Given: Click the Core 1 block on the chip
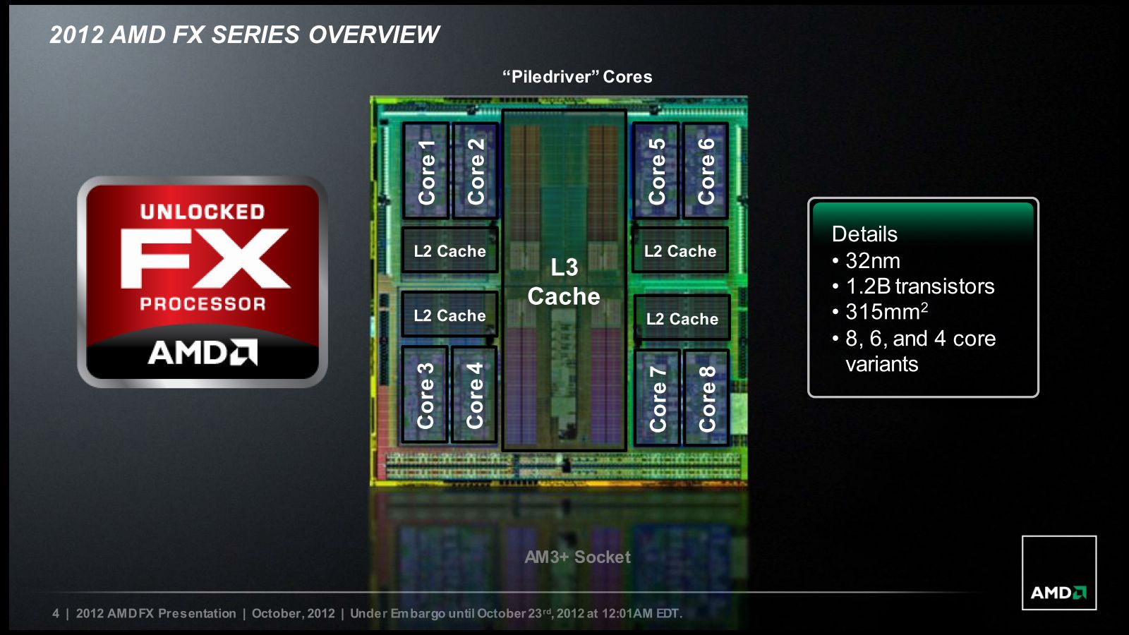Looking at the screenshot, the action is (426, 171).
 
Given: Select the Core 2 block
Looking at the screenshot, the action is (476, 171).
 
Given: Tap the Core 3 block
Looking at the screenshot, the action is (424, 395).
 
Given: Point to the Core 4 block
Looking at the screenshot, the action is (474, 395).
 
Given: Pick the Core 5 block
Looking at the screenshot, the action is (656, 171).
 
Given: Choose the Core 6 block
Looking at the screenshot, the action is (706, 171).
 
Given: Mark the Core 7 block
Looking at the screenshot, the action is (657, 398).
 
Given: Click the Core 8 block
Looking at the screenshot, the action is (706, 398).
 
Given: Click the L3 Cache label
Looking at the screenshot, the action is (564, 282).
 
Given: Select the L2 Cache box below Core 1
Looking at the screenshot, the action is (450, 250).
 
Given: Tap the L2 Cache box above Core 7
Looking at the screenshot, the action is (682, 318).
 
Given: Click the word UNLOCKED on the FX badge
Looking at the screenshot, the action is (203, 212).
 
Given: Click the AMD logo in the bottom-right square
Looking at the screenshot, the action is (1058, 592).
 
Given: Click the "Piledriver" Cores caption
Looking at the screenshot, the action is (577, 77).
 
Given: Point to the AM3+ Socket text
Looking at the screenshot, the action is (578, 557).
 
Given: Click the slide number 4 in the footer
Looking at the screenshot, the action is (56, 613).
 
